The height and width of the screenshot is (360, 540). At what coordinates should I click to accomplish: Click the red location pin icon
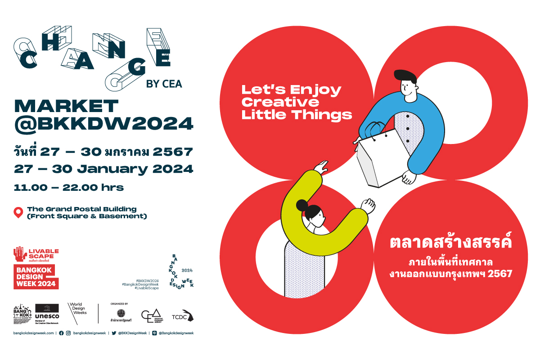tap(18, 212)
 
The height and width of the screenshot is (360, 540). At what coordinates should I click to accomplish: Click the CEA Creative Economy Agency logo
tap(151, 315)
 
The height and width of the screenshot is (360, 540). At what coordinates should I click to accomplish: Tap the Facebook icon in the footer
tap(61, 333)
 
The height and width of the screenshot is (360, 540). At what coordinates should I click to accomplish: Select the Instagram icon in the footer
tap(68, 333)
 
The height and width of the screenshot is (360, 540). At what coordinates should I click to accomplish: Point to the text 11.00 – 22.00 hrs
tap(69, 187)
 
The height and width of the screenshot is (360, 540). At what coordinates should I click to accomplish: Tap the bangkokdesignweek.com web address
tap(34, 333)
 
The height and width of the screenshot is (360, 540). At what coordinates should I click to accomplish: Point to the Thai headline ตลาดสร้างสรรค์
tap(451, 243)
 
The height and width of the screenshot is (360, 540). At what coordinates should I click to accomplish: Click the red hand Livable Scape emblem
tap(19, 253)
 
